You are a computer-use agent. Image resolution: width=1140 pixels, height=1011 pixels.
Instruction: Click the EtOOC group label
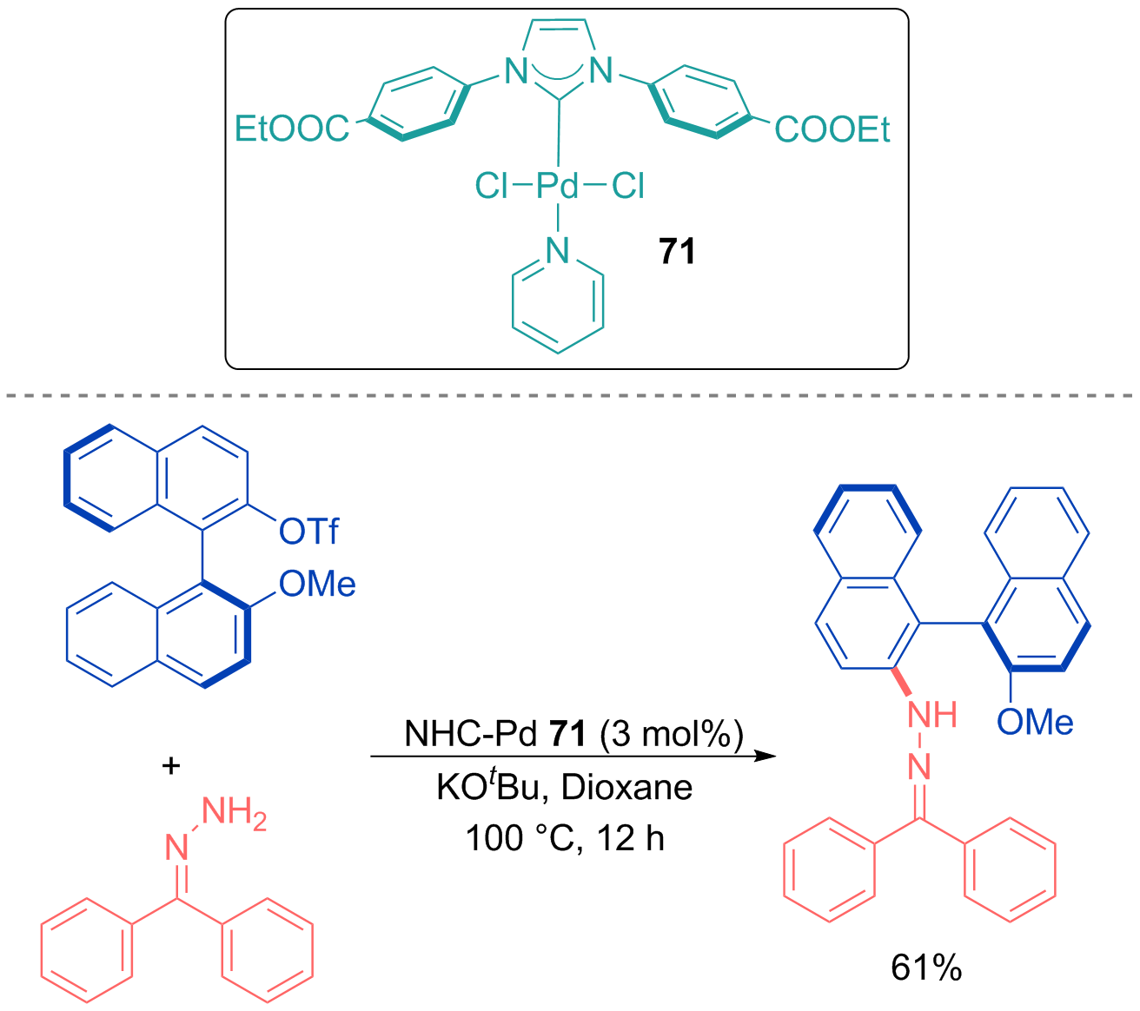(291, 129)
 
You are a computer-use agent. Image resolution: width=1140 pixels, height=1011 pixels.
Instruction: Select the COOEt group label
(832, 129)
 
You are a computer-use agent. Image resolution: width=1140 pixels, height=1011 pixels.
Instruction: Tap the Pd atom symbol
(556, 186)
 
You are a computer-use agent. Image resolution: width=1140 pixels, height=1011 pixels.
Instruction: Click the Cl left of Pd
(491, 186)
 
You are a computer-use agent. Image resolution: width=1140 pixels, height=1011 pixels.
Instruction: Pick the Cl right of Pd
(628, 186)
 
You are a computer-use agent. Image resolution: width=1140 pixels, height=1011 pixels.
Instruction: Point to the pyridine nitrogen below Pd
(557, 250)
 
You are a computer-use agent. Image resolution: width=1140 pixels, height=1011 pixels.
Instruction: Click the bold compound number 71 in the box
(677, 251)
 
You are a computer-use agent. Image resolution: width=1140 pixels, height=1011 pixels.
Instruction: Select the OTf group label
(308, 531)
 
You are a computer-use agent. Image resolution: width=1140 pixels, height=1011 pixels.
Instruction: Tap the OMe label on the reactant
(317, 584)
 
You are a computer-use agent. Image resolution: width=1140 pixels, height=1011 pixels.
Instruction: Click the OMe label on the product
(1035, 722)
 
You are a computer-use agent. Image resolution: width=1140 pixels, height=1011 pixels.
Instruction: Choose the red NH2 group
(234, 813)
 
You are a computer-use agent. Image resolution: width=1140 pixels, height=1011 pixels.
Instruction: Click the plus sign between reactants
(171, 766)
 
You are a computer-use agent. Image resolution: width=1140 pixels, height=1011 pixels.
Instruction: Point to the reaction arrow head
(766, 756)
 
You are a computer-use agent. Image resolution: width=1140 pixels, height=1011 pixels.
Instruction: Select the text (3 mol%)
(672, 734)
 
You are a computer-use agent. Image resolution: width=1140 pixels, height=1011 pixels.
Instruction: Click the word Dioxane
(626, 787)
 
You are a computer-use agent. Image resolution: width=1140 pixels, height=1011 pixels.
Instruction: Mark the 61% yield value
(926, 968)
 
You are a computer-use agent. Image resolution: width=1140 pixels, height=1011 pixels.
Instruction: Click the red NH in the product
(932, 715)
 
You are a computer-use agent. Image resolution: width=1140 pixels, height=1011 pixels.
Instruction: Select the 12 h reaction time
(630, 838)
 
